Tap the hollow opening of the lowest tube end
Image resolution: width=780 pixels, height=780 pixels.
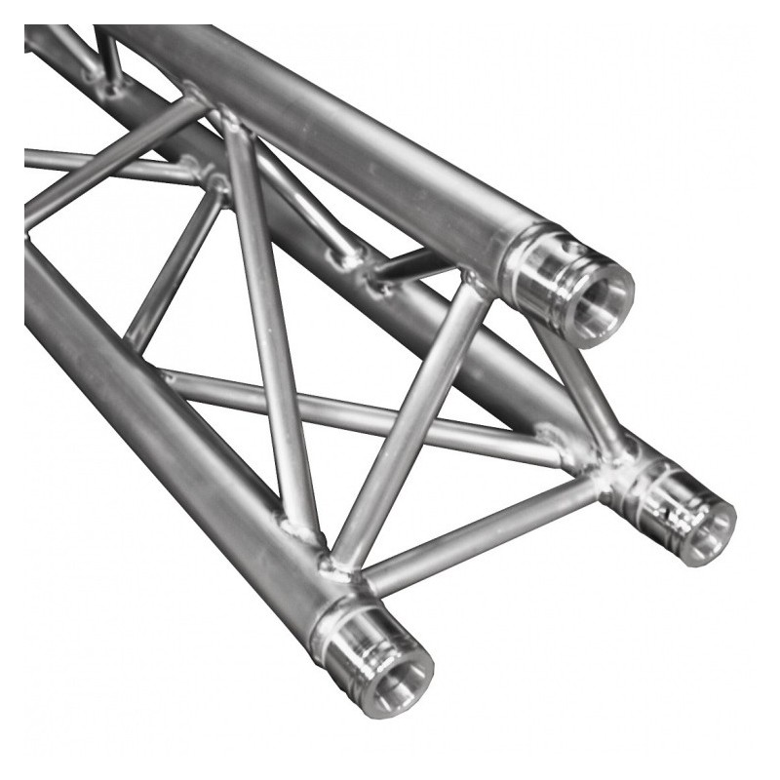396,673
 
